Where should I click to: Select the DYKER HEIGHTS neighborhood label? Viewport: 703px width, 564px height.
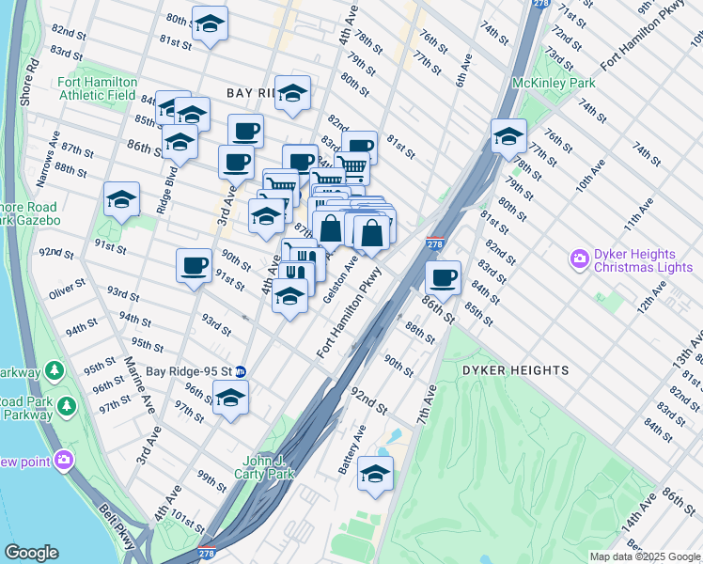(515, 370)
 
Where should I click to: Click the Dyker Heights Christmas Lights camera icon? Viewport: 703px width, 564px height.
(578, 257)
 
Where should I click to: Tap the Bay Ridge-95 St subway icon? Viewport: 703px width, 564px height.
(241, 371)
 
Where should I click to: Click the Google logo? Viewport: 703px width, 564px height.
(32, 553)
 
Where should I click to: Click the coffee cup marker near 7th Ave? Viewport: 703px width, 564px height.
(443, 277)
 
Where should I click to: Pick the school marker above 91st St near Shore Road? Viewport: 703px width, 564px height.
(122, 199)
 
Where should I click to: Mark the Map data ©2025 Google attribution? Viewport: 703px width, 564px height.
(644, 556)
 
